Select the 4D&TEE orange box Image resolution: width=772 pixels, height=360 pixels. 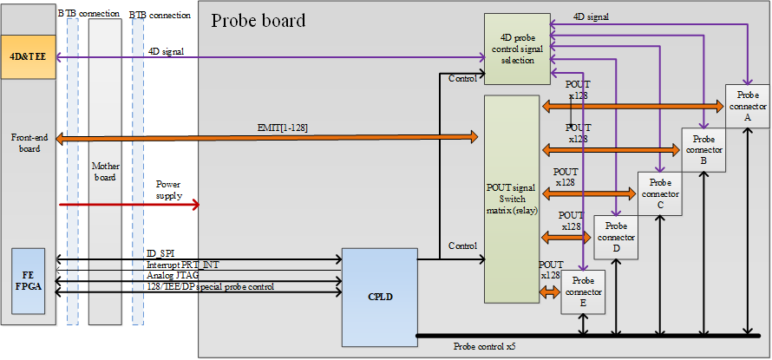[28, 56]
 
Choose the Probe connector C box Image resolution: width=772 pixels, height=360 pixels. [660, 193]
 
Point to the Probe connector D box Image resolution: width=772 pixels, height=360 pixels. [617, 237]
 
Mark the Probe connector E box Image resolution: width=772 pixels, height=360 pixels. [583, 291]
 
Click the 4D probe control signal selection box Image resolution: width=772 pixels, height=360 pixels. [517, 49]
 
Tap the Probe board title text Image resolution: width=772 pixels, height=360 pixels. [258, 20]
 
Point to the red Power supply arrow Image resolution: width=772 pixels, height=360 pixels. [130, 204]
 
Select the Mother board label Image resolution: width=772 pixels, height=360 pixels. [105, 170]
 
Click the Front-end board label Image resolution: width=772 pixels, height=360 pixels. [29, 142]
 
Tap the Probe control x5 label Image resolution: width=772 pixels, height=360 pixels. [487, 347]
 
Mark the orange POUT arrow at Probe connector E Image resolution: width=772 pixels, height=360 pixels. [550, 292]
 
